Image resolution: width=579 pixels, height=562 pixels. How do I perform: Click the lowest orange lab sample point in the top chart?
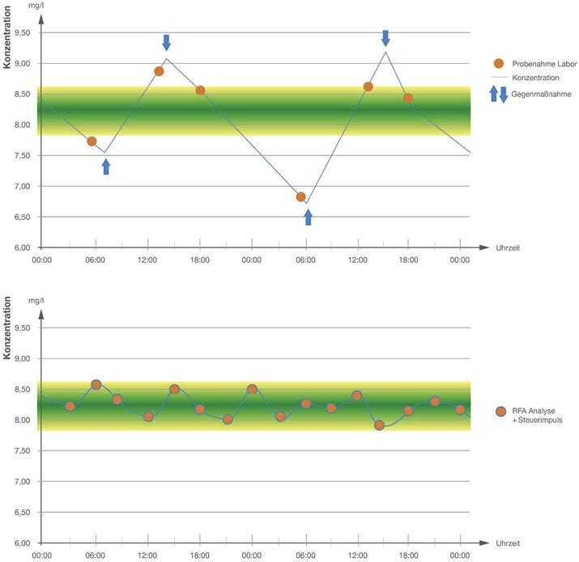(x=301, y=196)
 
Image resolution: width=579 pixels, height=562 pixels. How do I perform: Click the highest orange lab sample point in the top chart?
(x=159, y=71)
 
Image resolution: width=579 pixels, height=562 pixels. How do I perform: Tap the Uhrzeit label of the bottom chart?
(x=509, y=542)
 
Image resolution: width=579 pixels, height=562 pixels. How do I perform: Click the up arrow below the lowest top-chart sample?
(x=307, y=217)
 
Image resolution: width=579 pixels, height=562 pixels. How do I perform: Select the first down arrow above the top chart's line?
(x=166, y=42)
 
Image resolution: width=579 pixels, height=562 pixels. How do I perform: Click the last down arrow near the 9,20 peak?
(x=385, y=37)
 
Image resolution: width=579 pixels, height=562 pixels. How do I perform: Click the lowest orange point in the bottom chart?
(x=379, y=425)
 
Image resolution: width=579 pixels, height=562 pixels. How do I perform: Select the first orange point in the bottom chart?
(x=70, y=406)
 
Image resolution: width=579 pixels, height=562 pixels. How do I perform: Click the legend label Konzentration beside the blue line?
(x=536, y=78)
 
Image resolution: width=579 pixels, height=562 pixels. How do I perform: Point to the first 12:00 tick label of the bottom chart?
(x=148, y=556)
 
